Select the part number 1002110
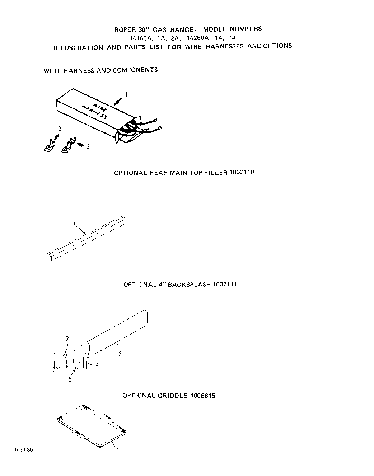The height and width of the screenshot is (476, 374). coord(242,172)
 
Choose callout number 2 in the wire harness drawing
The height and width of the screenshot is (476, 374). coord(60,128)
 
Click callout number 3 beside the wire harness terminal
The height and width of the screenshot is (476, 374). coord(88,146)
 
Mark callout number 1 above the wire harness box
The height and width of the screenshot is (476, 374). coord(126,95)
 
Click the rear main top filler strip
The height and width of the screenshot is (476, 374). coord(86,237)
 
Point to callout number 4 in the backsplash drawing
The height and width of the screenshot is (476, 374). coord(97,365)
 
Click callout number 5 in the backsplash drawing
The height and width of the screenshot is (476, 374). coord(70,379)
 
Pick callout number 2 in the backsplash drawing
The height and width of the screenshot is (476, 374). coord(67,339)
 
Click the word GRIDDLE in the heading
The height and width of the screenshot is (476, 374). coord(172,396)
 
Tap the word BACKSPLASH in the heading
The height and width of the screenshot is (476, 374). coord(189,284)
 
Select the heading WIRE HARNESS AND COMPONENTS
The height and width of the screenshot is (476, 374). coord(100,70)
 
